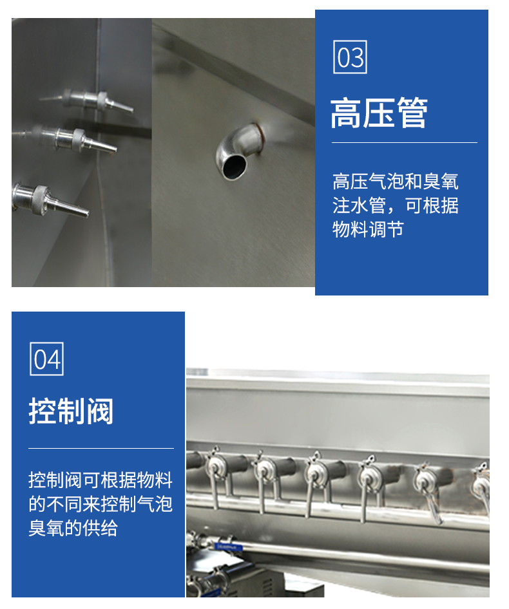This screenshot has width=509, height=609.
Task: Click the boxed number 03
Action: click(x=350, y=57)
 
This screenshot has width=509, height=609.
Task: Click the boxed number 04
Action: click(x=46, y=359)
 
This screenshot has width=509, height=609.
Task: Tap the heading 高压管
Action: click(x=379, y=113)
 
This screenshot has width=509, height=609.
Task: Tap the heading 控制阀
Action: click(x=71, y=411)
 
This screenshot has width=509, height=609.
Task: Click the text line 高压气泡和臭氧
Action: click(x=396, y=182)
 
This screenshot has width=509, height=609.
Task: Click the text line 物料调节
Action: click(x=369, y=230)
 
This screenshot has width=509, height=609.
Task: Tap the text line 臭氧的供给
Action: click(x=73, y=529)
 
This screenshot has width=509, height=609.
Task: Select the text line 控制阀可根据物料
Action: click(x=101, y=480)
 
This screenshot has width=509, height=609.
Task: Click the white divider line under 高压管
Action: click(x=405, y=142)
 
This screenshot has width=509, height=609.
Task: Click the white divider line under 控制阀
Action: click(x=101, y=448)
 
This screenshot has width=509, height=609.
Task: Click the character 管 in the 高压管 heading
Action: click(x=412, y=113)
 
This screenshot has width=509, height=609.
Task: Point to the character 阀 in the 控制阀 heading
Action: click(x=99, y=411)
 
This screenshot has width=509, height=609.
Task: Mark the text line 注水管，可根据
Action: click(x=396, y=206)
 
